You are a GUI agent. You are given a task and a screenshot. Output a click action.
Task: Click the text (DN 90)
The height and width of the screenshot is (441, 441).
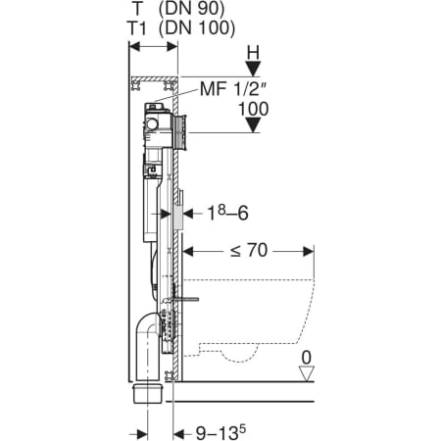[191, 9]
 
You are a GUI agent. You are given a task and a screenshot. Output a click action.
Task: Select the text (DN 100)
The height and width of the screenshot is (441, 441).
[197, 27]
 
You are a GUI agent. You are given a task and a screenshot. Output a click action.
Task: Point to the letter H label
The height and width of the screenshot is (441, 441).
[253, 53]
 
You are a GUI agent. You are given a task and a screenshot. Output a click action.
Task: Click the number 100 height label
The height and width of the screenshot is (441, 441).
[254, 109]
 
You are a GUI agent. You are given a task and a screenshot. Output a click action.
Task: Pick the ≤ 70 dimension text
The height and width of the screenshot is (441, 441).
[249, 251]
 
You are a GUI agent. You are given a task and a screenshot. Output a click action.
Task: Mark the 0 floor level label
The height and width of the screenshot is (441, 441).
[307, 358]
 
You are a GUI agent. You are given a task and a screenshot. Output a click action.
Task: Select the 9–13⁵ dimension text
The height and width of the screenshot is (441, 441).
[220, 432]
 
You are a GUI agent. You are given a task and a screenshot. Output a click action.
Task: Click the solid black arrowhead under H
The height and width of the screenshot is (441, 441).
[253, 69]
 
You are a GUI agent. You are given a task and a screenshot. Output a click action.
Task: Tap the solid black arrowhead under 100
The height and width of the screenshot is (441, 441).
[253, 125]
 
